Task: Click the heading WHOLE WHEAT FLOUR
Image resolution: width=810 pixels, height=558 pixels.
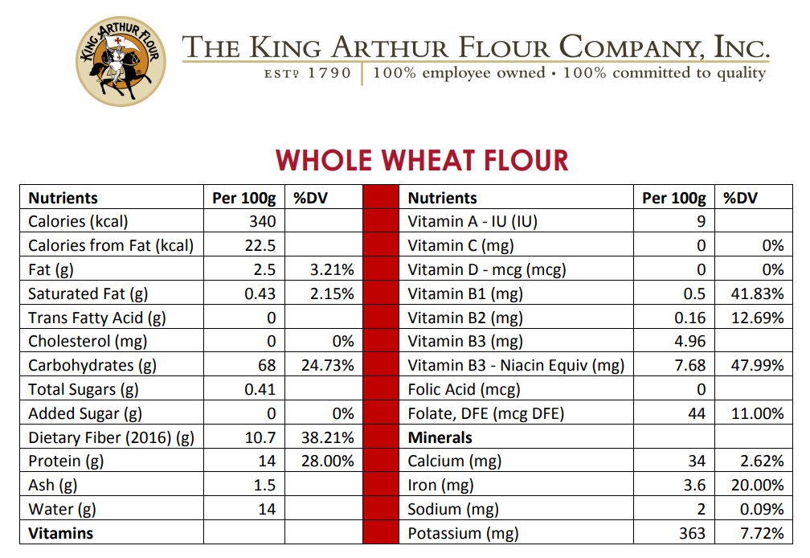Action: click(x=422, y=160)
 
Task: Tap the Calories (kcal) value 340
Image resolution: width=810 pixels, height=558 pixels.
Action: click(x=263, y=222)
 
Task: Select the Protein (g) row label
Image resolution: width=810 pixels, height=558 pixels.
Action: click(x=65, y=462)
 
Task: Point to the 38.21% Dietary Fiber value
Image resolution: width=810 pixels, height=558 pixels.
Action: click(x=327, y=437)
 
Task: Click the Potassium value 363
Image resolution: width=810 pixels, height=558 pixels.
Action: click(x=692, y=533)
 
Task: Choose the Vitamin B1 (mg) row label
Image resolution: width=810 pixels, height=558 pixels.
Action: click(x=465, y=293)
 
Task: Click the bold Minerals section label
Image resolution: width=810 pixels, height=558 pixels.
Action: click(x=440, y=437)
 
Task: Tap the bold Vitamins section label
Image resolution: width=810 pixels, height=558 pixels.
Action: click(x=60, y=533)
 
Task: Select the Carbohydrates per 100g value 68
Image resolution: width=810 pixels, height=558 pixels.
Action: click(x=267, y=366)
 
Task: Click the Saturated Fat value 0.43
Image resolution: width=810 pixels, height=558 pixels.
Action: click(x=260, y=293)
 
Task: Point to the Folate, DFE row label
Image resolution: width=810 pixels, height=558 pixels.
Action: click(x=486, y=413)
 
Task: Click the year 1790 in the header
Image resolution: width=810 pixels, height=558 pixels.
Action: click(x=329, y=73)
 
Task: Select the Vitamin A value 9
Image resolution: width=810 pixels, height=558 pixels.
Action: click(x=702, y=222)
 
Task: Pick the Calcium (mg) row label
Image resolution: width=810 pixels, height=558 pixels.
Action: click(x=455, y=462)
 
